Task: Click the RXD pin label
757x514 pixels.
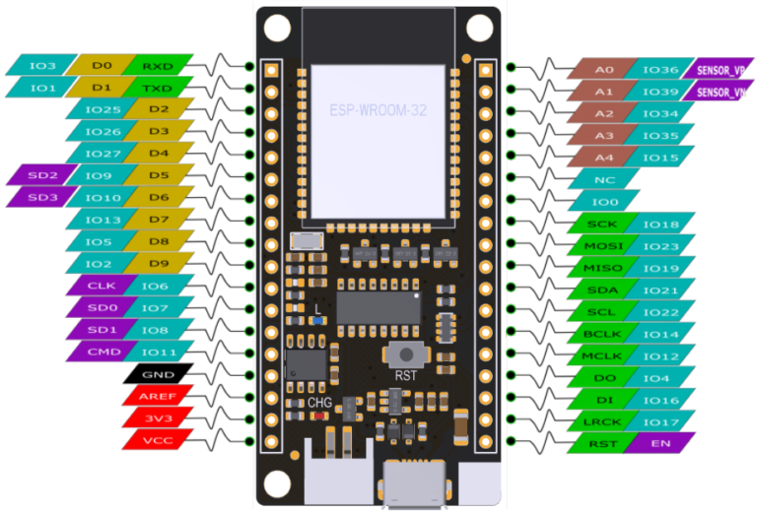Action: pyautogui.click(x=158, y=66)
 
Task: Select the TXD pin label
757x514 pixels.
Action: pyautogui.click(x=158, y=88)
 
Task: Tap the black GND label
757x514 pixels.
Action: pyautogui.click(x=154, y=374)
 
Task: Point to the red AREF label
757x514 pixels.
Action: pyautogui.click(x=154, y=396)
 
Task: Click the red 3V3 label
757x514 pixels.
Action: pyautogui.click(x=154, y=418)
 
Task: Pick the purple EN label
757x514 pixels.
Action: pyautogui.click(x=659, y=443)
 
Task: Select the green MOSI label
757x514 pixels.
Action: pyautogui.click(x=603, y=245)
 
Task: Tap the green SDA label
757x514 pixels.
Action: pyautogui.click(x=603, y=289)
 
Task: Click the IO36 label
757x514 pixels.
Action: pyautogui.click(x=659, y=70)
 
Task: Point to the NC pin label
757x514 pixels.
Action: pyautogui.click(x=603, y=180)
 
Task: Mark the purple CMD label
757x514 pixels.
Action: pyautogui.click(x=103, y=352)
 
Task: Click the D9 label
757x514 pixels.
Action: pyautogui.click(x=158, y=263)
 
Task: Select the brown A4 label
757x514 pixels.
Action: pyautogui.click(x=603, y=158)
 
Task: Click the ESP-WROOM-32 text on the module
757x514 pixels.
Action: pyautogui.click(x=378, y=110)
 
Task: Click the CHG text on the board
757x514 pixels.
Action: pyautogui.click(x=319, y=402)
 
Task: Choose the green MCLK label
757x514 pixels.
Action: pyautogui.click(x=603, y=355)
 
